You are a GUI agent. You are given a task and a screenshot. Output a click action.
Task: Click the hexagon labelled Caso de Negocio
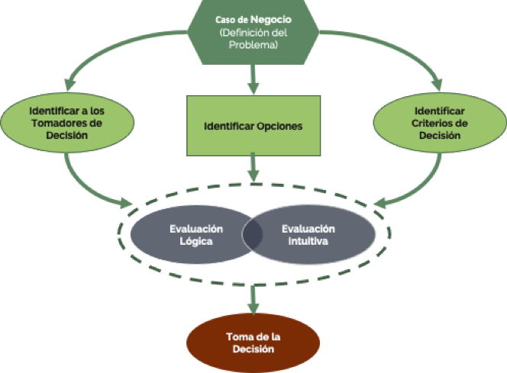pyautogui.click(x=253, y=31)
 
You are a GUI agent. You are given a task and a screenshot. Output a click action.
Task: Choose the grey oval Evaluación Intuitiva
pyautogui.click(x=312, y=234)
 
